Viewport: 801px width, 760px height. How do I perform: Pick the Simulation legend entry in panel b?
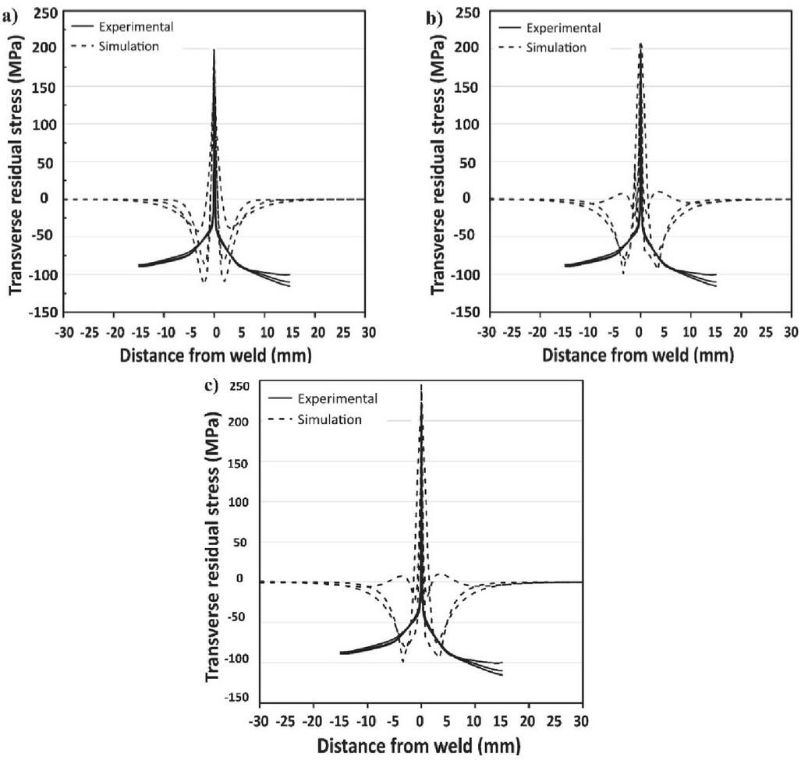pos(556,47)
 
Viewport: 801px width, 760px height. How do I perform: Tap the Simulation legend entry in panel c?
pos(329,419)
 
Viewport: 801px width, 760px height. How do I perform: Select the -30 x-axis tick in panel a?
pos(64,332)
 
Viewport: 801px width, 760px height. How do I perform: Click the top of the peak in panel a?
pos(214,50)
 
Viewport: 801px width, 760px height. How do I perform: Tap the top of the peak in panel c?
pos(421,384)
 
